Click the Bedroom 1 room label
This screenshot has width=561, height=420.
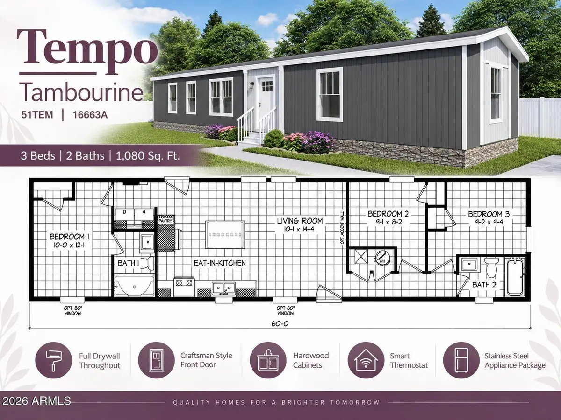69,237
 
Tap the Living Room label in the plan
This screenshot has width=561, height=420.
300,221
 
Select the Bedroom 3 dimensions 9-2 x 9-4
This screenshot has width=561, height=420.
489,223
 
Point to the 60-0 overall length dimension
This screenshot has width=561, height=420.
280,323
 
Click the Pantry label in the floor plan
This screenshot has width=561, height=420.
165,221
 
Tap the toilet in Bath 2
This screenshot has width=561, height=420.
491,267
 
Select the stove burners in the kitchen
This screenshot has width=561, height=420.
183,282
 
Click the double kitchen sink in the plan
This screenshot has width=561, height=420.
223,288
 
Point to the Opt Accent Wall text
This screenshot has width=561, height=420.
342,228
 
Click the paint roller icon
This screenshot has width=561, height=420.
53,360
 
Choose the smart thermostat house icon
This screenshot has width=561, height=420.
366,360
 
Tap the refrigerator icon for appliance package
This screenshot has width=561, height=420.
461,360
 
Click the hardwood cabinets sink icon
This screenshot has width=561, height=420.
268,360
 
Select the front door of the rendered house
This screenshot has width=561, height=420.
266,103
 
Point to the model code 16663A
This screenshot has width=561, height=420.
90,115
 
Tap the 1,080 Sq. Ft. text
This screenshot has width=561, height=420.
148,155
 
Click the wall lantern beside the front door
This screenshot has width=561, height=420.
252,85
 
